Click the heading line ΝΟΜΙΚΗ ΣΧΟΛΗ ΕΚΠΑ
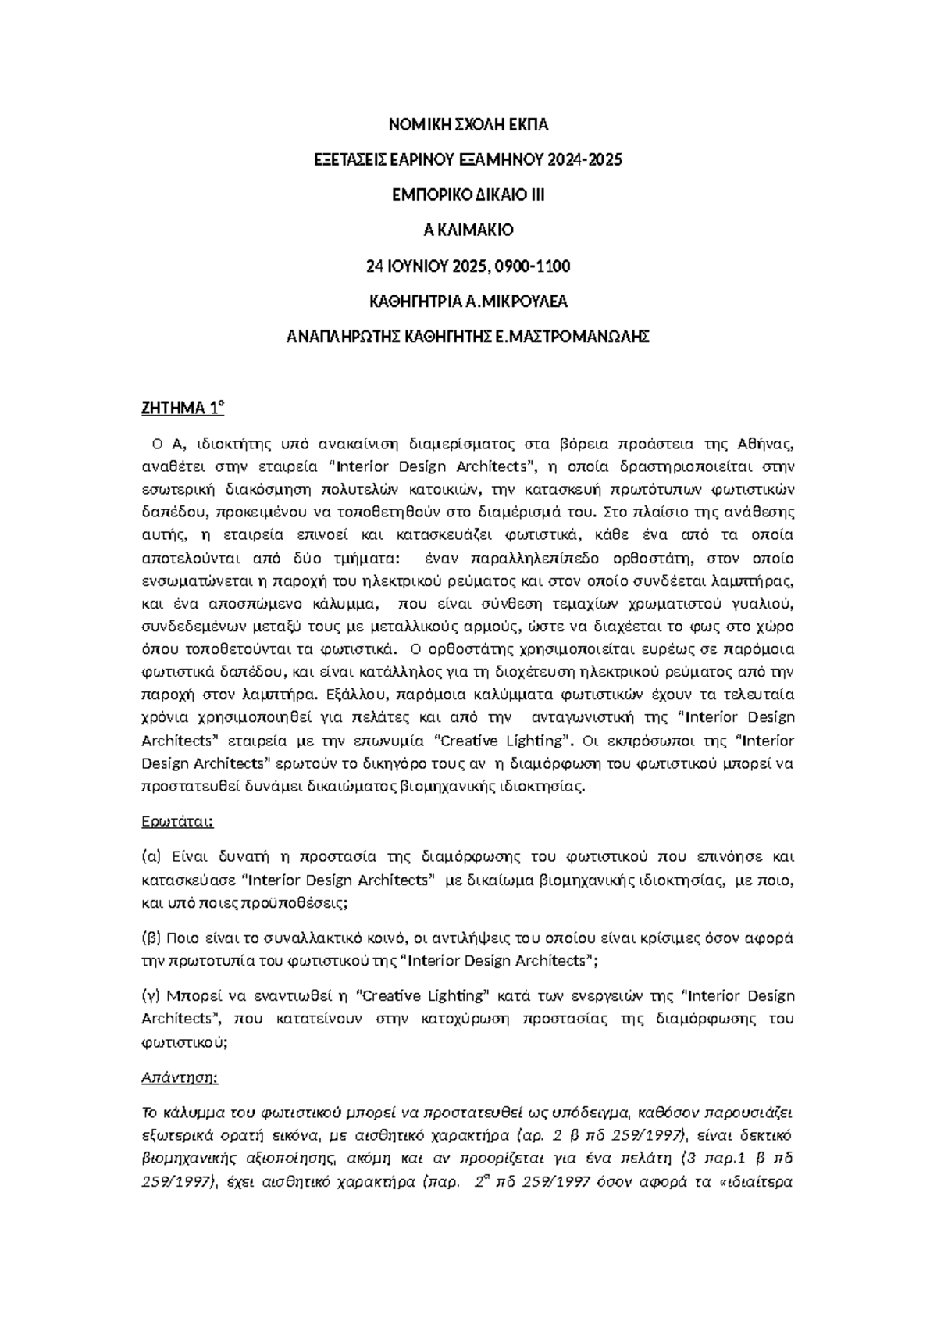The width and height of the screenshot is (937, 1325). (468, 125)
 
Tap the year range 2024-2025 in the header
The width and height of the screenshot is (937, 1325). (585, 160)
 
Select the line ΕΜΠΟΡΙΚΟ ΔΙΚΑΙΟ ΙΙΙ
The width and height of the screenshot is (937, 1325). (468, 195)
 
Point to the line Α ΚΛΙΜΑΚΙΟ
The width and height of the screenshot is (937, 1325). (468, 230)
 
